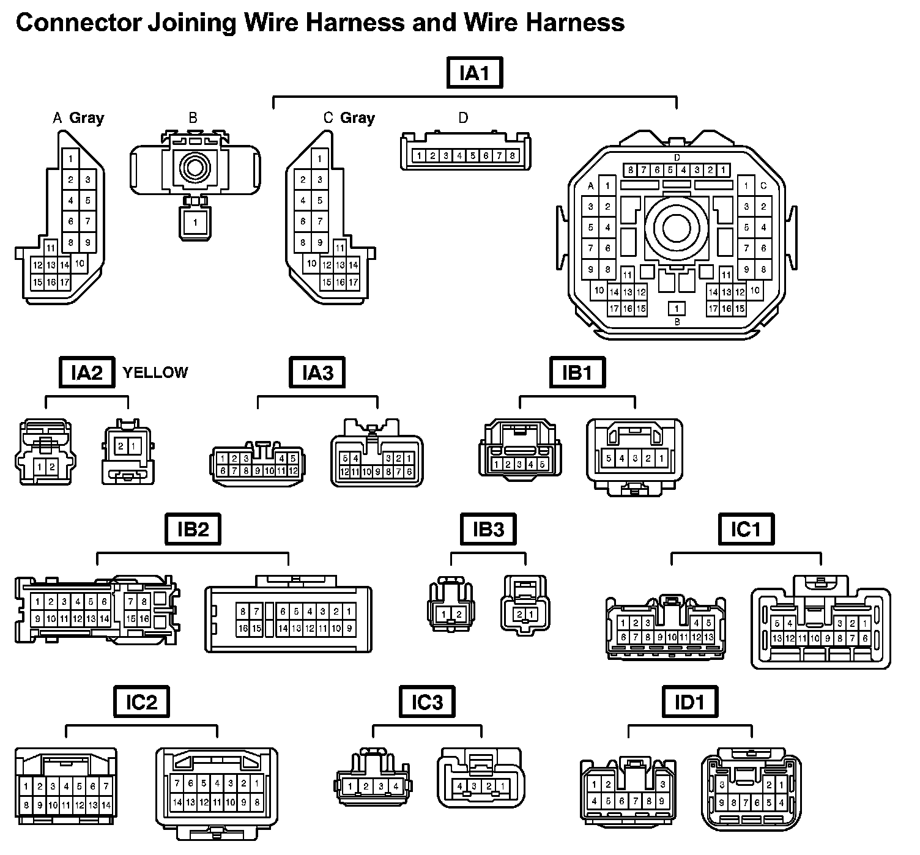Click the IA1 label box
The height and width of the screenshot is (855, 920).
click(475, 74)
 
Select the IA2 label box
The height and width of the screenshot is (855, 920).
click(87, 372)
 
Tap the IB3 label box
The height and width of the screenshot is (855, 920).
click(488, 529)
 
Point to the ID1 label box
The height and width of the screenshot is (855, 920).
click(689, 702)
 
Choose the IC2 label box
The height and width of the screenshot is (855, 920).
click(141, 702)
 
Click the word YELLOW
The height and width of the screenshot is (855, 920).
click(155, 372)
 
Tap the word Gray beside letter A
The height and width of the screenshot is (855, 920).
click(86, 118)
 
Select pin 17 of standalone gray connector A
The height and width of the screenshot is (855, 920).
click(65, 282)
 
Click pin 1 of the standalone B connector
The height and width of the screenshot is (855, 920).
click(195, 223)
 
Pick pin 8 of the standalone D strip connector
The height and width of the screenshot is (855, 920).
click(513, 156)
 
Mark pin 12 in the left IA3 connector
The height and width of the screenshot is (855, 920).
click(293, 471)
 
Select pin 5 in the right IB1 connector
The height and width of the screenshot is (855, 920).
click(608, 458)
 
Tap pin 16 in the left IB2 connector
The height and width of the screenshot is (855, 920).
click(144, 619)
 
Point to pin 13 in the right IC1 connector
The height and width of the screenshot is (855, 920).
click(777, 638)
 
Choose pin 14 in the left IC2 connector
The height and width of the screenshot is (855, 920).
click(106, 805)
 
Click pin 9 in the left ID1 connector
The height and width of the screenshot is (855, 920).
click(663, 801)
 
